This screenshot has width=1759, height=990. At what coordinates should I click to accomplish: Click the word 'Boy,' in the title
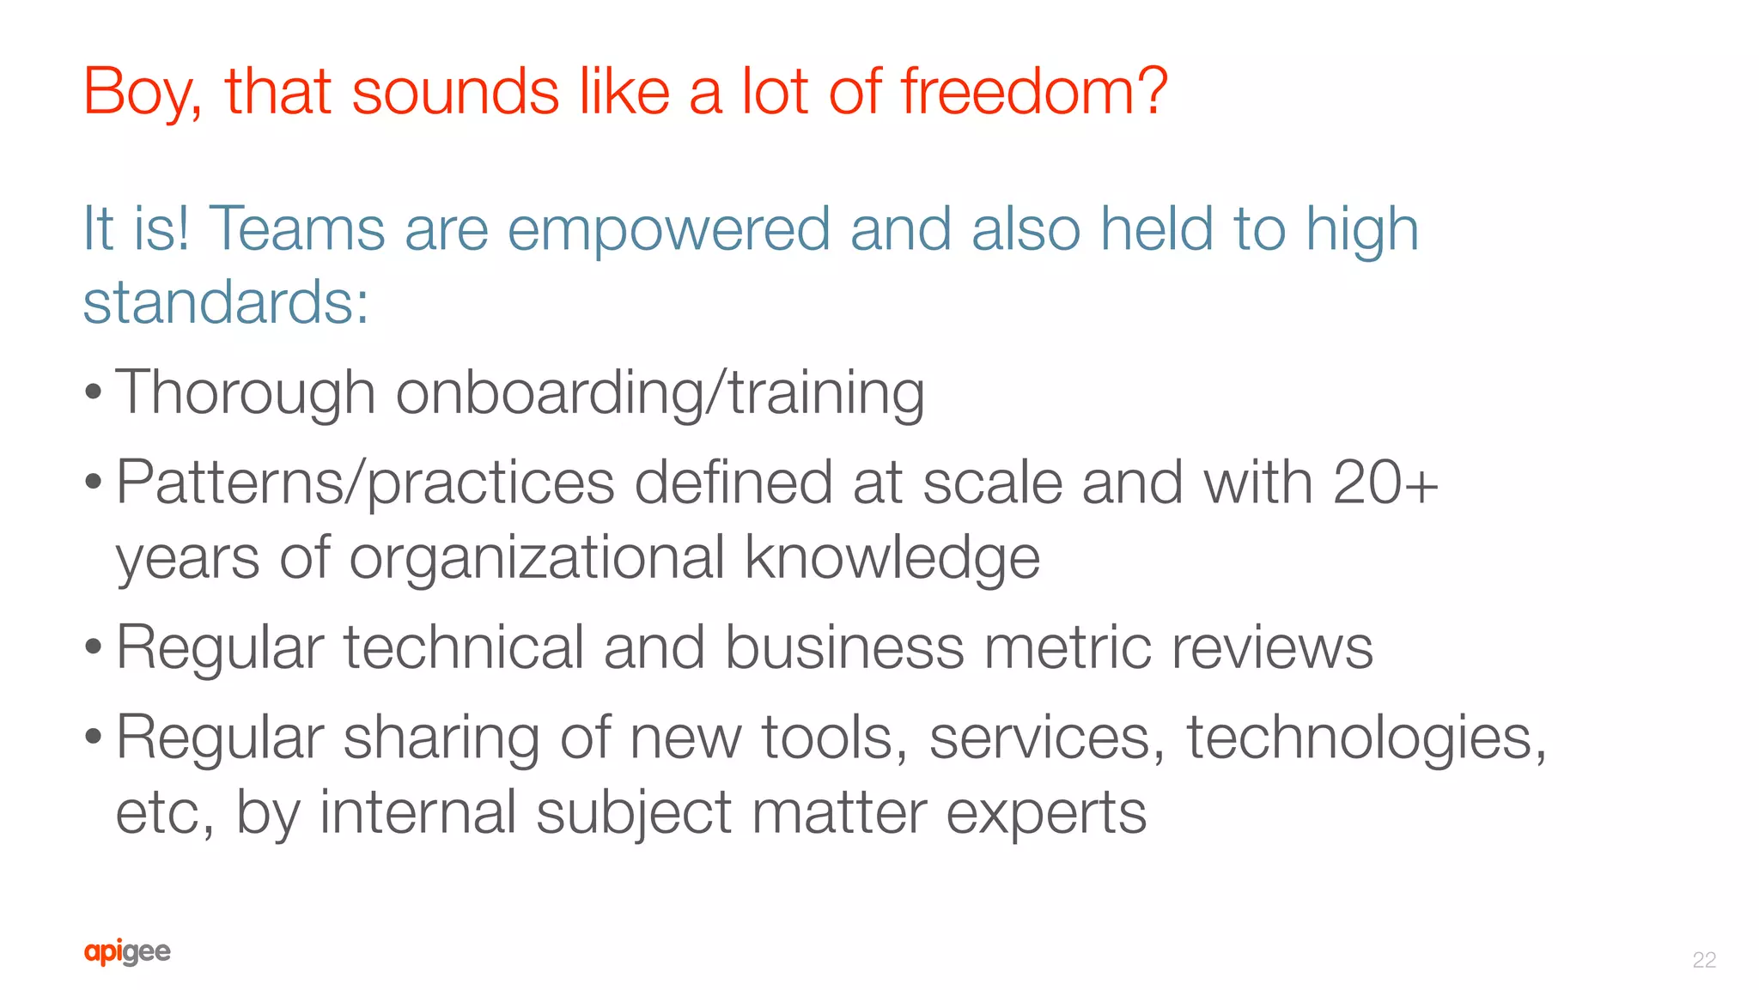[x=142, y=92]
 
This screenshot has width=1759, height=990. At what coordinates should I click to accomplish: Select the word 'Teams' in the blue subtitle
[x=296, y=229]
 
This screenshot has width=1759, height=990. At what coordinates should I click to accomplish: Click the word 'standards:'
[x=226, y=302]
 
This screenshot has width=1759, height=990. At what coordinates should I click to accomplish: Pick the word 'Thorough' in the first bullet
[x=246, y=393]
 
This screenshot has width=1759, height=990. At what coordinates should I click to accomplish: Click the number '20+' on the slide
[x=1385, y=482]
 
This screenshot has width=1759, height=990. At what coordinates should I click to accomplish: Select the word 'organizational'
[x=537, y=558]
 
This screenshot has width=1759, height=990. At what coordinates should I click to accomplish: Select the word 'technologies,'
[x=1366, y=738]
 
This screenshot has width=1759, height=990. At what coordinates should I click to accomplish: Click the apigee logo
[x=127, y=952]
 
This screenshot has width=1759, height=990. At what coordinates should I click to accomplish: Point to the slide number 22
[x=1704, y=959]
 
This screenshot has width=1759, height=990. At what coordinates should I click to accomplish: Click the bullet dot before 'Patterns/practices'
[x=93, y=483]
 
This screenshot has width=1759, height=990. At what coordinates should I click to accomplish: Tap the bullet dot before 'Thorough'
[x=93, y=393]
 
